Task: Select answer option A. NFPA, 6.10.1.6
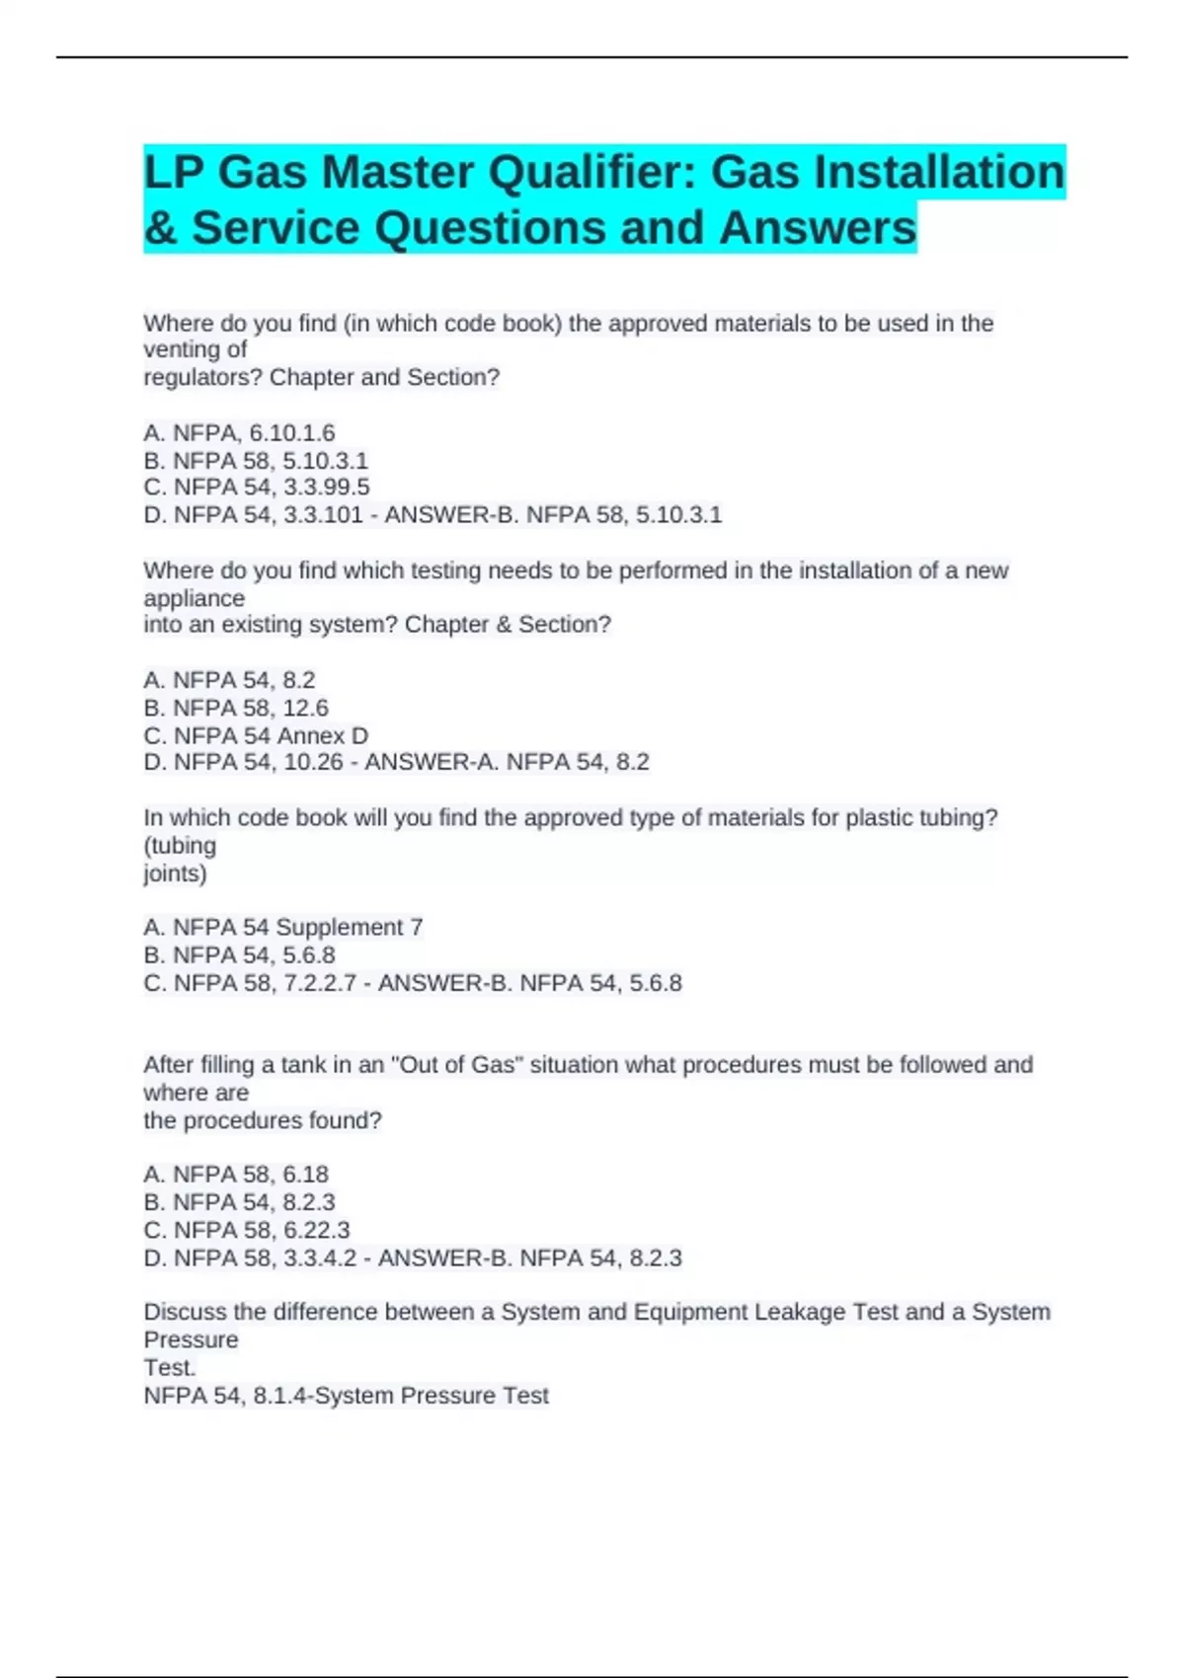point(239,433)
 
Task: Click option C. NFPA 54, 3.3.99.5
point(256,488)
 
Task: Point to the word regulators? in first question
point(202,378)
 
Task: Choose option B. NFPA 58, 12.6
point(236,709)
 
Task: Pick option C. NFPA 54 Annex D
point(256,736)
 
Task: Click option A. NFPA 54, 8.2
point(229,681)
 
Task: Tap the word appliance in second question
point(194,599)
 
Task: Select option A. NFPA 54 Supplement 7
point(282,928)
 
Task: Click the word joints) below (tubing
point(175,874)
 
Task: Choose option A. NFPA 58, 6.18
point(236,1175)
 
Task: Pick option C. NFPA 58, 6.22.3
point(247,1231)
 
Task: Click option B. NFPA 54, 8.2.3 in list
point(239,1202)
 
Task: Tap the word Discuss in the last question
point(179,1313)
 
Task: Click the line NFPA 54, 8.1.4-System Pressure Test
point(346,1396)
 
